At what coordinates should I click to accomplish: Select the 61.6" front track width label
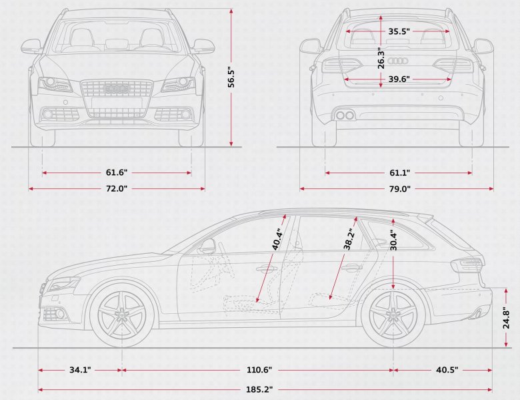coord(117,173)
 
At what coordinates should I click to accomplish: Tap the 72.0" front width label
coord(117,188)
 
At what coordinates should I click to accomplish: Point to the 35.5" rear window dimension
coord(399,31)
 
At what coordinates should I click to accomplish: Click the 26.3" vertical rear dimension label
coord(379,57)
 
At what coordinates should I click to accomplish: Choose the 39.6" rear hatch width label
coord(399,79)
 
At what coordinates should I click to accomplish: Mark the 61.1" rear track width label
coord(399,173)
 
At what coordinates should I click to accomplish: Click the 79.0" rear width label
coord(399,188)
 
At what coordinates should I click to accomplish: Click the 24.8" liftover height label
coord(507,317)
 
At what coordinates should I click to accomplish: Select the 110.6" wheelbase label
coord(259,369)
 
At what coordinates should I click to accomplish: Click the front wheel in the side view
coord(121,314)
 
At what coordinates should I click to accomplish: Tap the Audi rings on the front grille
coord(117,88)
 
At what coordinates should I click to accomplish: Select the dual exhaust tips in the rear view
coord(345,115)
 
